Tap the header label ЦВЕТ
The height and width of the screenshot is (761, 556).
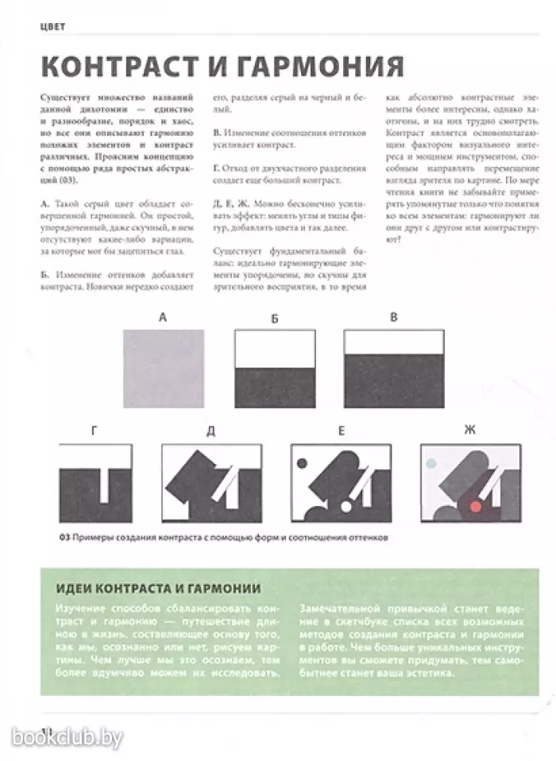(x=52, y=26)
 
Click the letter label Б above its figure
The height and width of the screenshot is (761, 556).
(x=274, y=319)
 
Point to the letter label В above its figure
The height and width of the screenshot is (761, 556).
(x=393, y=318)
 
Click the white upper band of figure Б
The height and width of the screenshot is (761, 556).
(x=274, y=349)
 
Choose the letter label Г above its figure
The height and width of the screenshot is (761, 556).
(x=95, y=431)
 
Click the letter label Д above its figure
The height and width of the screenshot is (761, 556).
(x=211, y=431)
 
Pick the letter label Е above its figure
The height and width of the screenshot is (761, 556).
(x=341, y=431)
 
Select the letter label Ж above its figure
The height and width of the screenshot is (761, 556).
(x=469, y=430)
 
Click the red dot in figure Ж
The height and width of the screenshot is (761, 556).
(x=476, y=506)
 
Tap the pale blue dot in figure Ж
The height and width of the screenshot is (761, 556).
(x=431, y=462)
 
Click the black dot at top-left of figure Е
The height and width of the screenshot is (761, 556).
(x=303, y=461)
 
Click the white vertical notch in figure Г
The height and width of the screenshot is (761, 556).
(x=102, y=462)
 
